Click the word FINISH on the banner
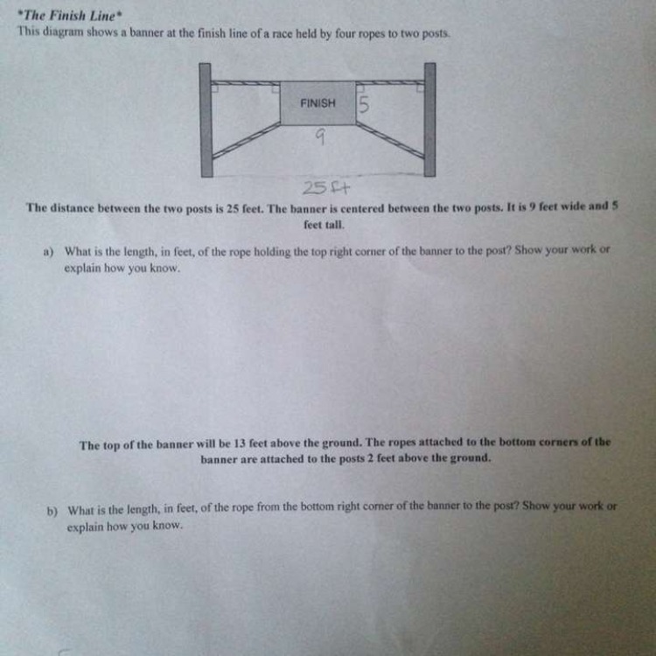click(318, 103)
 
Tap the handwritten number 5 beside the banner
click(364, 105)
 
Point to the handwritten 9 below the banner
click(320, 136)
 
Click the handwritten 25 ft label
click(326, 189)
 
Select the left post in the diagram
click(206, 120)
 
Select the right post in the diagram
click(430, 120)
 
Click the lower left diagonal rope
click(247, 140)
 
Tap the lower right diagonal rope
click(390, 140)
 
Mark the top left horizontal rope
click(246, 83)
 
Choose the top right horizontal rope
click(390, 82)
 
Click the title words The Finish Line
click(69, 16)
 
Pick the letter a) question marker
click(49, 252)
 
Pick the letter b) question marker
click(52, 512)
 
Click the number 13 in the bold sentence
click(240, 443)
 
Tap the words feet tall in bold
click(324, 225)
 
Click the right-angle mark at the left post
click(214, 88)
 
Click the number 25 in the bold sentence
click(233, 208)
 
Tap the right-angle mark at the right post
click(421, 87)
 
